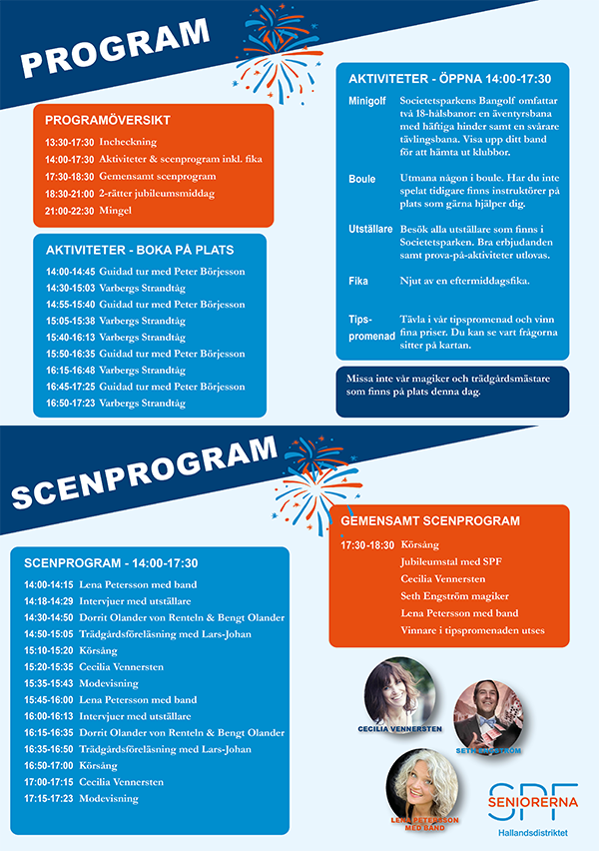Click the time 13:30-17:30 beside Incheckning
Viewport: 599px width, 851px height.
(69, 143)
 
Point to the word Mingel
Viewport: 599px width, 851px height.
(115, 211)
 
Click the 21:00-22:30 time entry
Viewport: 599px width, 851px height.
(69, 211)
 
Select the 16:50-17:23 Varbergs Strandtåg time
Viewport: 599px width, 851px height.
(69, 404)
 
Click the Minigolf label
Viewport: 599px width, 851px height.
(367, 101)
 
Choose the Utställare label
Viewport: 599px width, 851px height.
(368, 230)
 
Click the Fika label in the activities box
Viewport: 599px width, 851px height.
(358, 282)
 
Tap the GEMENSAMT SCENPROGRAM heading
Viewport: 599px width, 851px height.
(430, 521)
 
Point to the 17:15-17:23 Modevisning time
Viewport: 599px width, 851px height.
(47, 799)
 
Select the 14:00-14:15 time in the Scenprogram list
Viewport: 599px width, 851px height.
(47, 585)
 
